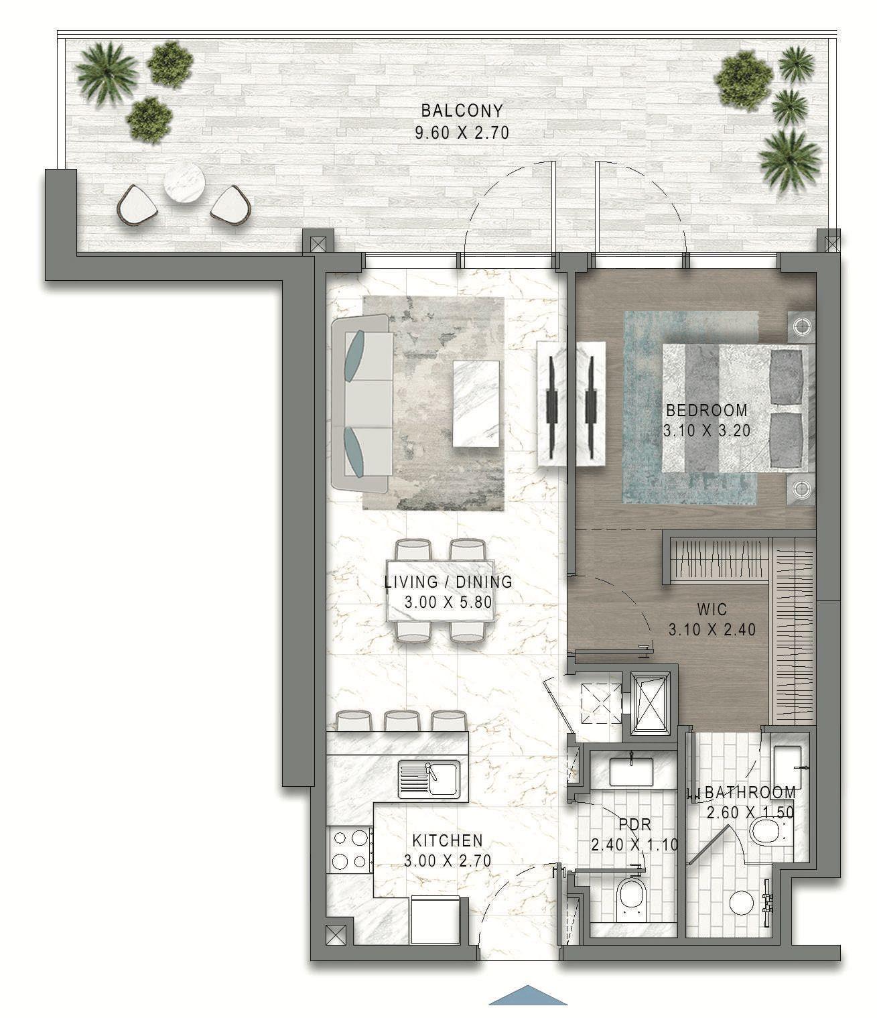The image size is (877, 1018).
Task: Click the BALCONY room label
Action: coord(462,111)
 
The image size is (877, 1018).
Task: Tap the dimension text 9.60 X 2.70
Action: coord(462,133)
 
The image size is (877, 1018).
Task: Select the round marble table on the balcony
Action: coord(184,184)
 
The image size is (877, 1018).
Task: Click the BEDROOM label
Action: coord(707,409)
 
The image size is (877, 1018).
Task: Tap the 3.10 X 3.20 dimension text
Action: coord(707,430)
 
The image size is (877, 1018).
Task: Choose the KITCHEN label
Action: coord(447,840)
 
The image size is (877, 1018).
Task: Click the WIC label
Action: coord(712,609)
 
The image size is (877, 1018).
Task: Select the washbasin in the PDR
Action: coord(631,772)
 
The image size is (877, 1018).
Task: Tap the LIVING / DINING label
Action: coord(448,582)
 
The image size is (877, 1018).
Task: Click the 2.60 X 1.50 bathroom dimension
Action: coord(750,812)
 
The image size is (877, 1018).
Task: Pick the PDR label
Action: coord(635,824)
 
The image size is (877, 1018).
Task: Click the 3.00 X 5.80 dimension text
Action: coord(448,602)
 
